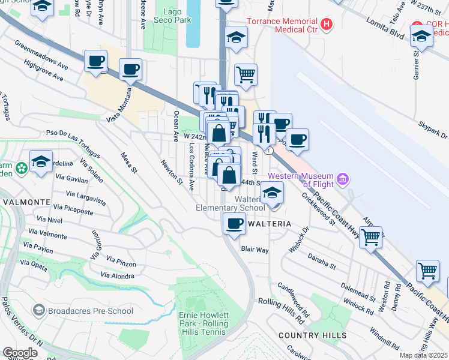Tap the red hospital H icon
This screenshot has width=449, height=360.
tap(327, 25)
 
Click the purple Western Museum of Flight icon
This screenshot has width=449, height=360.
tap(343, 178)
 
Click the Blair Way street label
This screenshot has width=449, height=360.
tap(255, 248)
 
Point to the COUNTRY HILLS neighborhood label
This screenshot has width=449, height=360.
tap(312, 335)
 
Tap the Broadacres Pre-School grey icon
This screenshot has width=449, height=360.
tap(40, 310)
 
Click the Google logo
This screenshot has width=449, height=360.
tap(20, 353)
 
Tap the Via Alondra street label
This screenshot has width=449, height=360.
tap(118, 275)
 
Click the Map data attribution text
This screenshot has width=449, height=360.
tap(423, 355)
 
